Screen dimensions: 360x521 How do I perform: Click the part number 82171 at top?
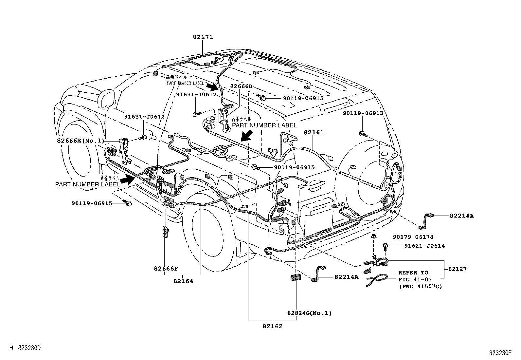pyautogui.click(x=203, y=37)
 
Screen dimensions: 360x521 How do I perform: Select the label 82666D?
pyautogui.click(x=241, y=86)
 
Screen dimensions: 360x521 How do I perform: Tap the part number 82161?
pyautogui.click(x=313, y=132)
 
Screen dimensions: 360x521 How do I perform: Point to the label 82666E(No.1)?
pyautogui.click(x=80, y=141)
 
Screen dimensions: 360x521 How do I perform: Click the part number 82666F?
pyautogui.click(x=166, y=269)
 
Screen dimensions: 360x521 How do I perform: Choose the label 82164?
pyautogui.click(x=183, y=281)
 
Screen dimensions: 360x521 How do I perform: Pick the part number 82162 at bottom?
pyautogui.click(x=272, y=326)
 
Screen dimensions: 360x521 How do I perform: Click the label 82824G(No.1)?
pyautogui.click(x=309, y=313)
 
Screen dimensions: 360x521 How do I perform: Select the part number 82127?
pyautogui.click(x=457, y=269)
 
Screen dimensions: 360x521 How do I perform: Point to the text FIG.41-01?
pyautogui.click(x=415, y=279)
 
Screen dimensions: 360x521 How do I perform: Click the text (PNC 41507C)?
pyautogui.click(x=420, y=286)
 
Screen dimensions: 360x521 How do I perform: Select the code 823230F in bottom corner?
pyautogui.click(x=500, y=353)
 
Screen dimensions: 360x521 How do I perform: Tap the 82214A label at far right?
pyautogui.click(x=461, y=216)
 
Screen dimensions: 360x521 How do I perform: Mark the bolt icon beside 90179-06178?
pyautogui.click(x=373, y=237)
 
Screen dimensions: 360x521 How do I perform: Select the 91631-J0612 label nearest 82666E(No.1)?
pyautogui.click(x=144, y=116)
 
